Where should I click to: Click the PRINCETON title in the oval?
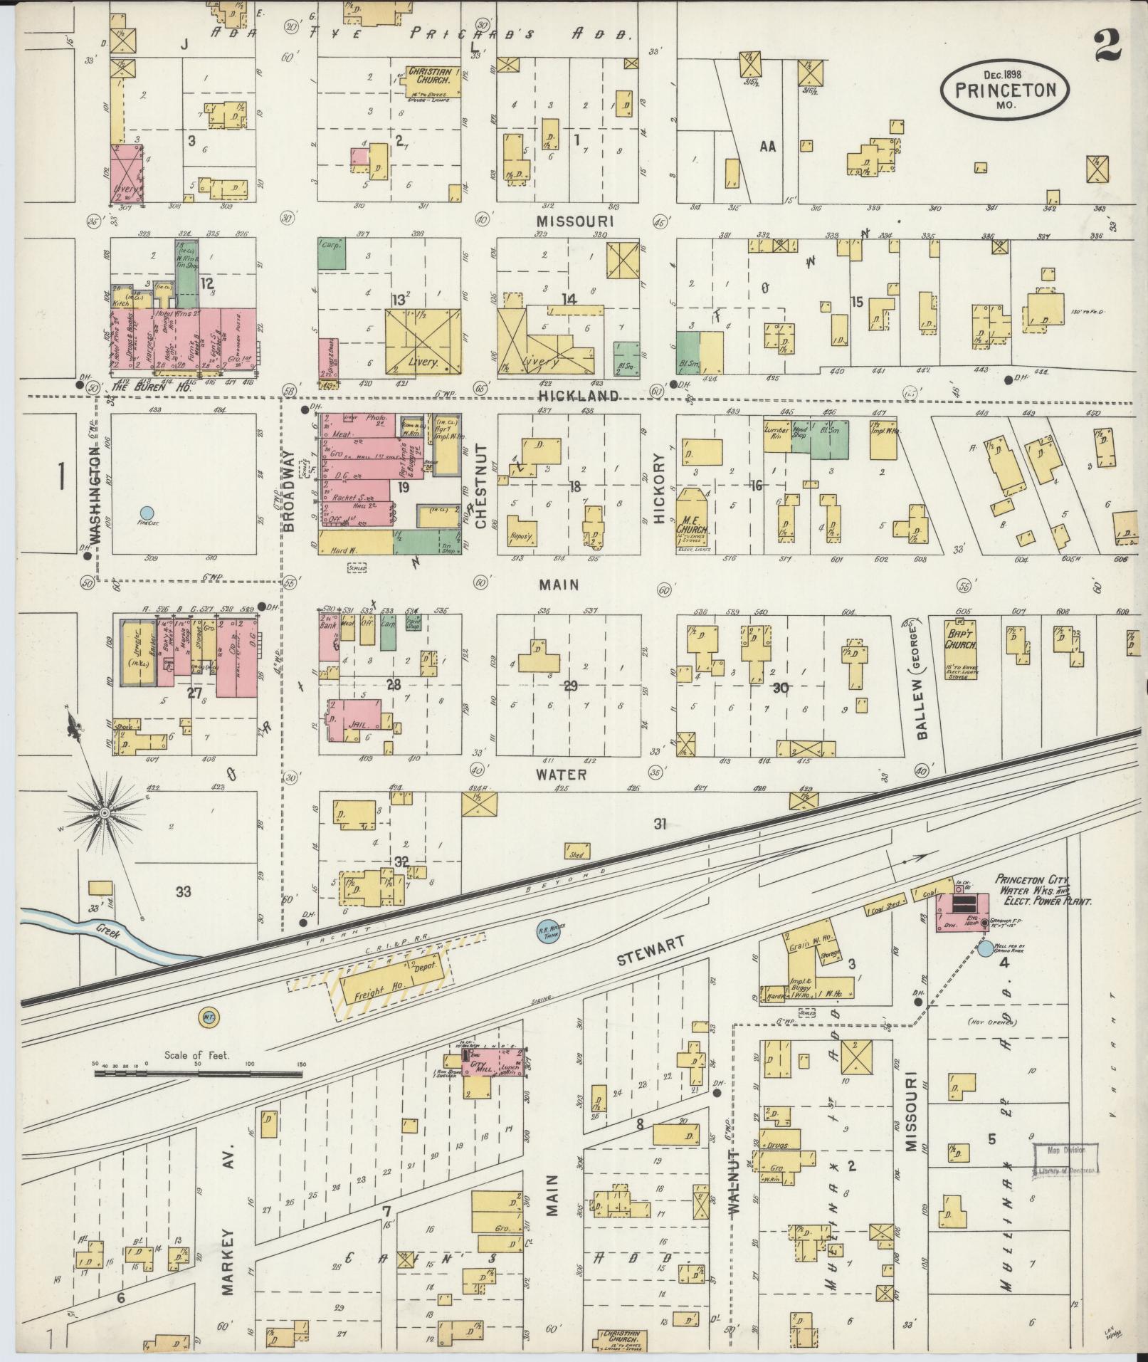(x=1005, y=90)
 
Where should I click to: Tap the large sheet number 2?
(x=1105, y=43)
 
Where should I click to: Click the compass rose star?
(x=105, y=812)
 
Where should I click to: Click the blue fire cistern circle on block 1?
(x=147, y=512)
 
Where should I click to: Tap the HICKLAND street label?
(x=568, y=395)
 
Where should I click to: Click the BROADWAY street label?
(x=290, y=494)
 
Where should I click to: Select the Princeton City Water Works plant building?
(x=962, y=906)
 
